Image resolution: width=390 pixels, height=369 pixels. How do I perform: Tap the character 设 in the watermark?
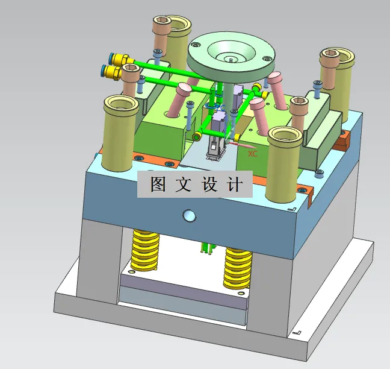pyautogui.click(x=210, y=184)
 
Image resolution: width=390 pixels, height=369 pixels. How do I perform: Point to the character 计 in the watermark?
pyautogui.click(x=235, y=184)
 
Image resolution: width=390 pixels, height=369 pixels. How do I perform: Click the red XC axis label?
pyautogui.click(x=253, y=154)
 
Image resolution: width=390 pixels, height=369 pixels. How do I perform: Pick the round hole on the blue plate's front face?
pyautogui.click(x=189, y=215)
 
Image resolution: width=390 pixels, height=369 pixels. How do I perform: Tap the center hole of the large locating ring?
pyautogui.click(x=230, y=58)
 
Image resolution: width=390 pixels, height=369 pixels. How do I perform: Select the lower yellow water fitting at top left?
pyautogui.click(x=112, y=72)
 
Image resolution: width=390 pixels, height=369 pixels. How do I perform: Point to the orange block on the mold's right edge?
pyautogui.click(x=343, y=142)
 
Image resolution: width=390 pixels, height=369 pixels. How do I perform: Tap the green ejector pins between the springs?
pyautogui.click(x=206, y=248)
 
